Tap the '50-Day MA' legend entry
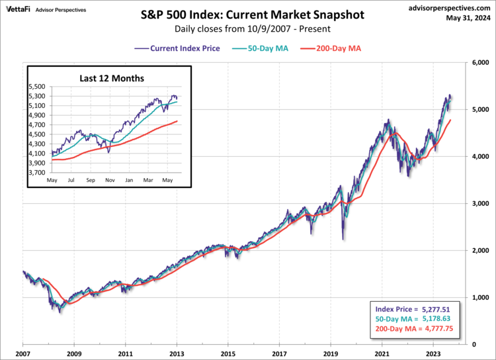pos(257,48)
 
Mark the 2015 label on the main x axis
pos(228,354)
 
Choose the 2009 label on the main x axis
pos(74,354)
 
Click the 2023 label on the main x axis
pos(433,354)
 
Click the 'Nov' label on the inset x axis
pos(110,180)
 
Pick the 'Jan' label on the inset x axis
pos(129,180)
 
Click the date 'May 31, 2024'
pos(467,18)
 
